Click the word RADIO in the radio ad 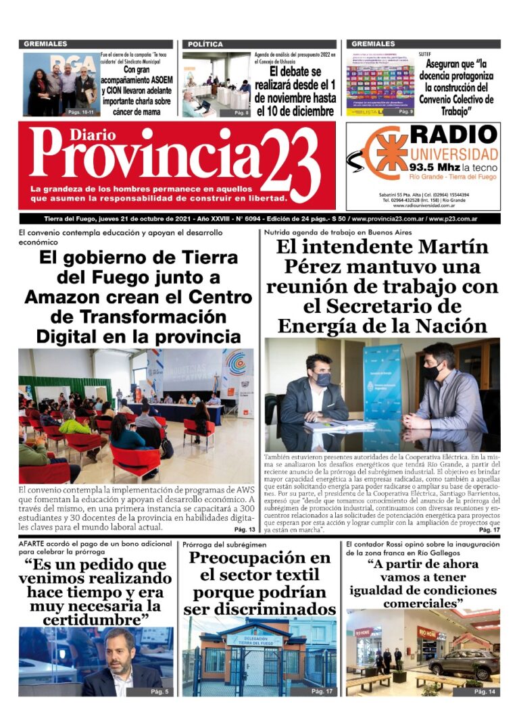click(453, 134)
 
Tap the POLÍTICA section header click(205, 44)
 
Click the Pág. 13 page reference click(244, 529)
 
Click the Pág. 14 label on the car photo click(485, 692)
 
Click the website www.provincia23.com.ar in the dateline click(389, 219)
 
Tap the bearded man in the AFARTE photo click(120, 665)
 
